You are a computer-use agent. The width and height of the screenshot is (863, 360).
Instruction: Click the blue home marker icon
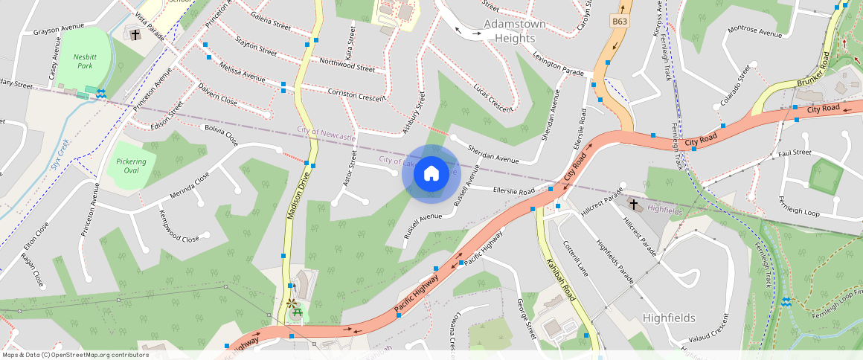click(x=431, y=174)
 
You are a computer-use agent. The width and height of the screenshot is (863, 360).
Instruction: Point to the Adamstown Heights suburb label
click(x=515, y=30)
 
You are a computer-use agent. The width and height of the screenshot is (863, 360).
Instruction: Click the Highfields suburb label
click(x=669, y=318)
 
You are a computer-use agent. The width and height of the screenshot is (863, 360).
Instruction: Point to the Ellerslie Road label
click(x=513, y=192)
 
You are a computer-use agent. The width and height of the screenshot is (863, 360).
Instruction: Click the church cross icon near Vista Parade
click(x=135, y=34)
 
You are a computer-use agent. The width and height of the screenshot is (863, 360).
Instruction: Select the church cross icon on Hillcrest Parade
click(x=634, y=204)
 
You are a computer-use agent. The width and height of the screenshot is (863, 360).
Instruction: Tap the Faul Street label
click(x=795, y=152)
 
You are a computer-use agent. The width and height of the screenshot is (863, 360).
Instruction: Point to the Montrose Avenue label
click(x=754, y=31)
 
